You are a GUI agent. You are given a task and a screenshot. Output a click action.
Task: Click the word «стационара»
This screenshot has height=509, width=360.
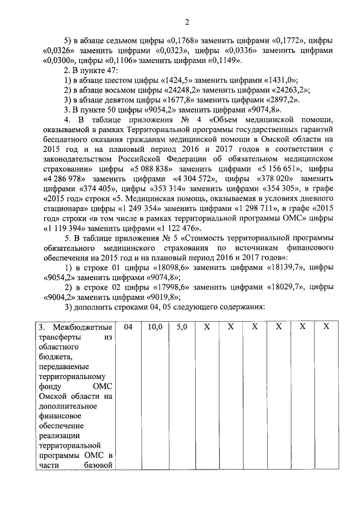point(62,208)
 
